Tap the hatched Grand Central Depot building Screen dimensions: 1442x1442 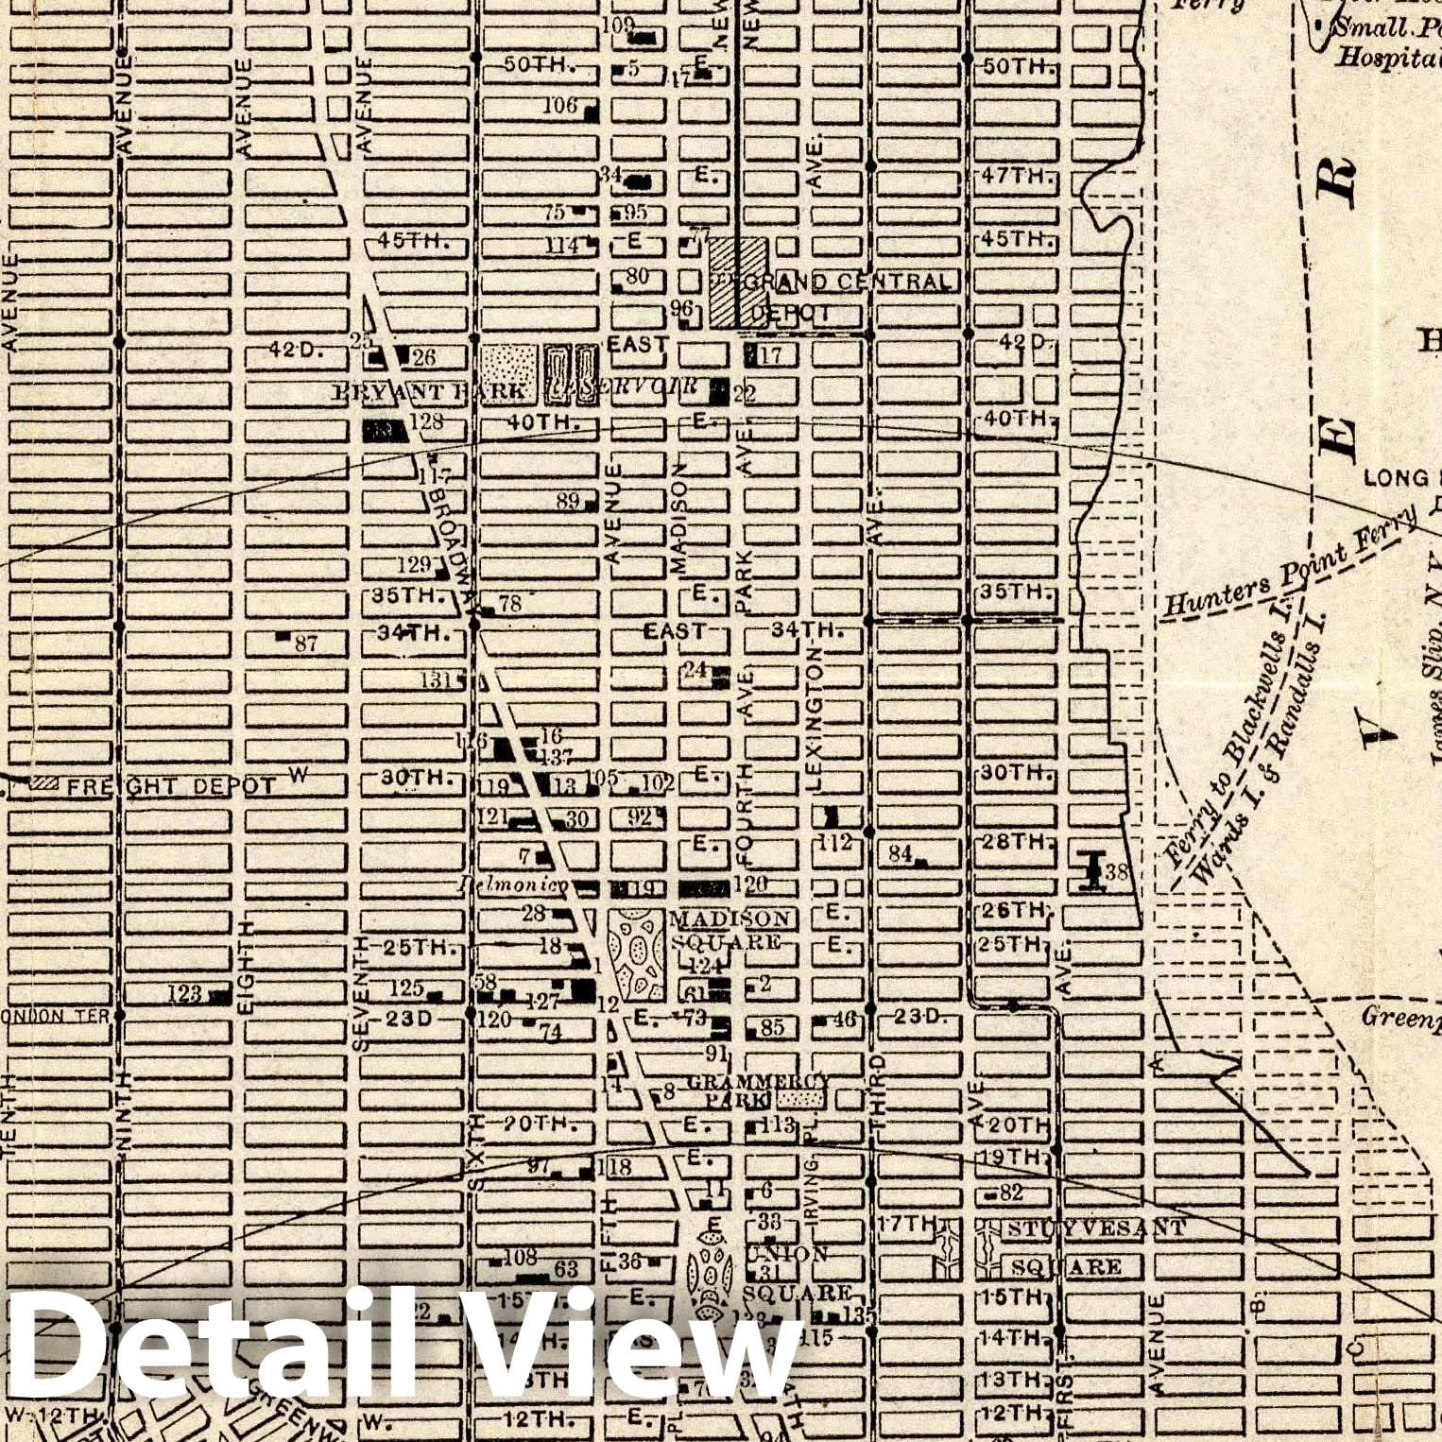(x=738, y=282)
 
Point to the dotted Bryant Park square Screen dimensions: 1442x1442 (x=509, y=363)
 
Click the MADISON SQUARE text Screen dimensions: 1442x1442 (x=729, y=930)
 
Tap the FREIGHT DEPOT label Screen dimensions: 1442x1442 (x=170, y=785)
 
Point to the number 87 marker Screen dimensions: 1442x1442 (x=305, y=644)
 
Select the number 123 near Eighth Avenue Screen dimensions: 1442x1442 (x=184, y=993)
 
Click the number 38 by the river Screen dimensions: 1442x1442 (x=1116, y=872)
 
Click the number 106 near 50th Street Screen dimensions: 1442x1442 (x=559, y=105)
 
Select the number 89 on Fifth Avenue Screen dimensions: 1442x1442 (x=567, y=501)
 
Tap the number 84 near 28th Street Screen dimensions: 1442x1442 (x=900, y=854)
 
